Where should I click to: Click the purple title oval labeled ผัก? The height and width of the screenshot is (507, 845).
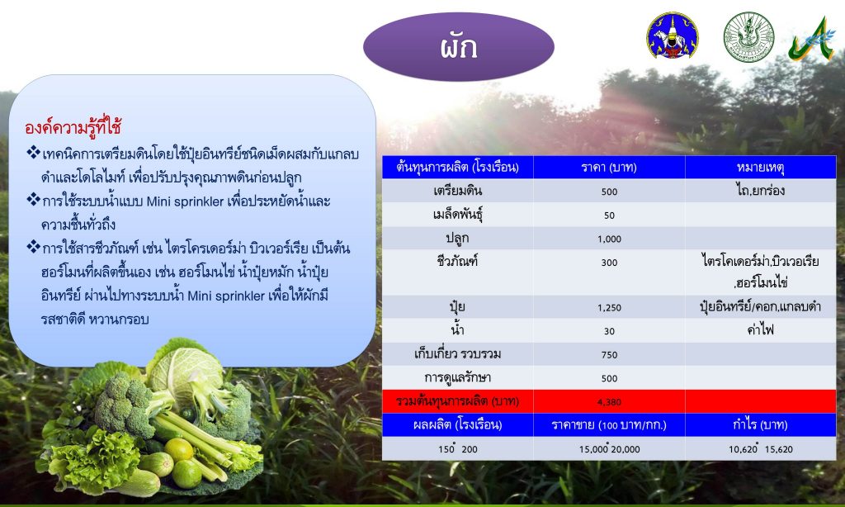(459, 47)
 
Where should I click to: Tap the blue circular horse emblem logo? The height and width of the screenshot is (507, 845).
(672, 36)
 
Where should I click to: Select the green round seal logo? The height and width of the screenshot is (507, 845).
(748, 36)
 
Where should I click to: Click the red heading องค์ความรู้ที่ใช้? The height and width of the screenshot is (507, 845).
(73, 127)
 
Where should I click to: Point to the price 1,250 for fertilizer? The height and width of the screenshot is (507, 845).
(609, 307)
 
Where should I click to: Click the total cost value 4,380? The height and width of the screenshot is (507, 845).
(609, 402)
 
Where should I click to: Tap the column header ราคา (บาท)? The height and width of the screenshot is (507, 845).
(609, 167)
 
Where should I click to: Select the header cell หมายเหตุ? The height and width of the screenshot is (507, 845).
(760, 167)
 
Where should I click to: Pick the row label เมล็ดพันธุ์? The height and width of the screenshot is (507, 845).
(457, 215)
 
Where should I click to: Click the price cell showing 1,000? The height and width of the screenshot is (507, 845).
(609, 239)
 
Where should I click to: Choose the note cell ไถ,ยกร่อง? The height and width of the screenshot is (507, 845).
(760, 191)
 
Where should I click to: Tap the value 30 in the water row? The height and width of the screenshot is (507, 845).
(609, 331)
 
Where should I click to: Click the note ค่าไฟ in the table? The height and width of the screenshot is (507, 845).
(760, 329)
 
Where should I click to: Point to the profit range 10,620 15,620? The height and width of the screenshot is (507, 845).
(760, 448)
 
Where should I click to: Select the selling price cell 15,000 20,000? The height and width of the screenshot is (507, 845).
(609, 448)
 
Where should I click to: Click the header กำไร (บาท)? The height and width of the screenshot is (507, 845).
(760, 424)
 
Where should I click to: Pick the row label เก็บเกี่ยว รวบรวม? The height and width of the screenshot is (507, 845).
(457, 353)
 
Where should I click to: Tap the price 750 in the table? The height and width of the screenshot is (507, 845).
(609, 355)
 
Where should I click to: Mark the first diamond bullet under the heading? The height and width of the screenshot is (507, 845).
(33, 153)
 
